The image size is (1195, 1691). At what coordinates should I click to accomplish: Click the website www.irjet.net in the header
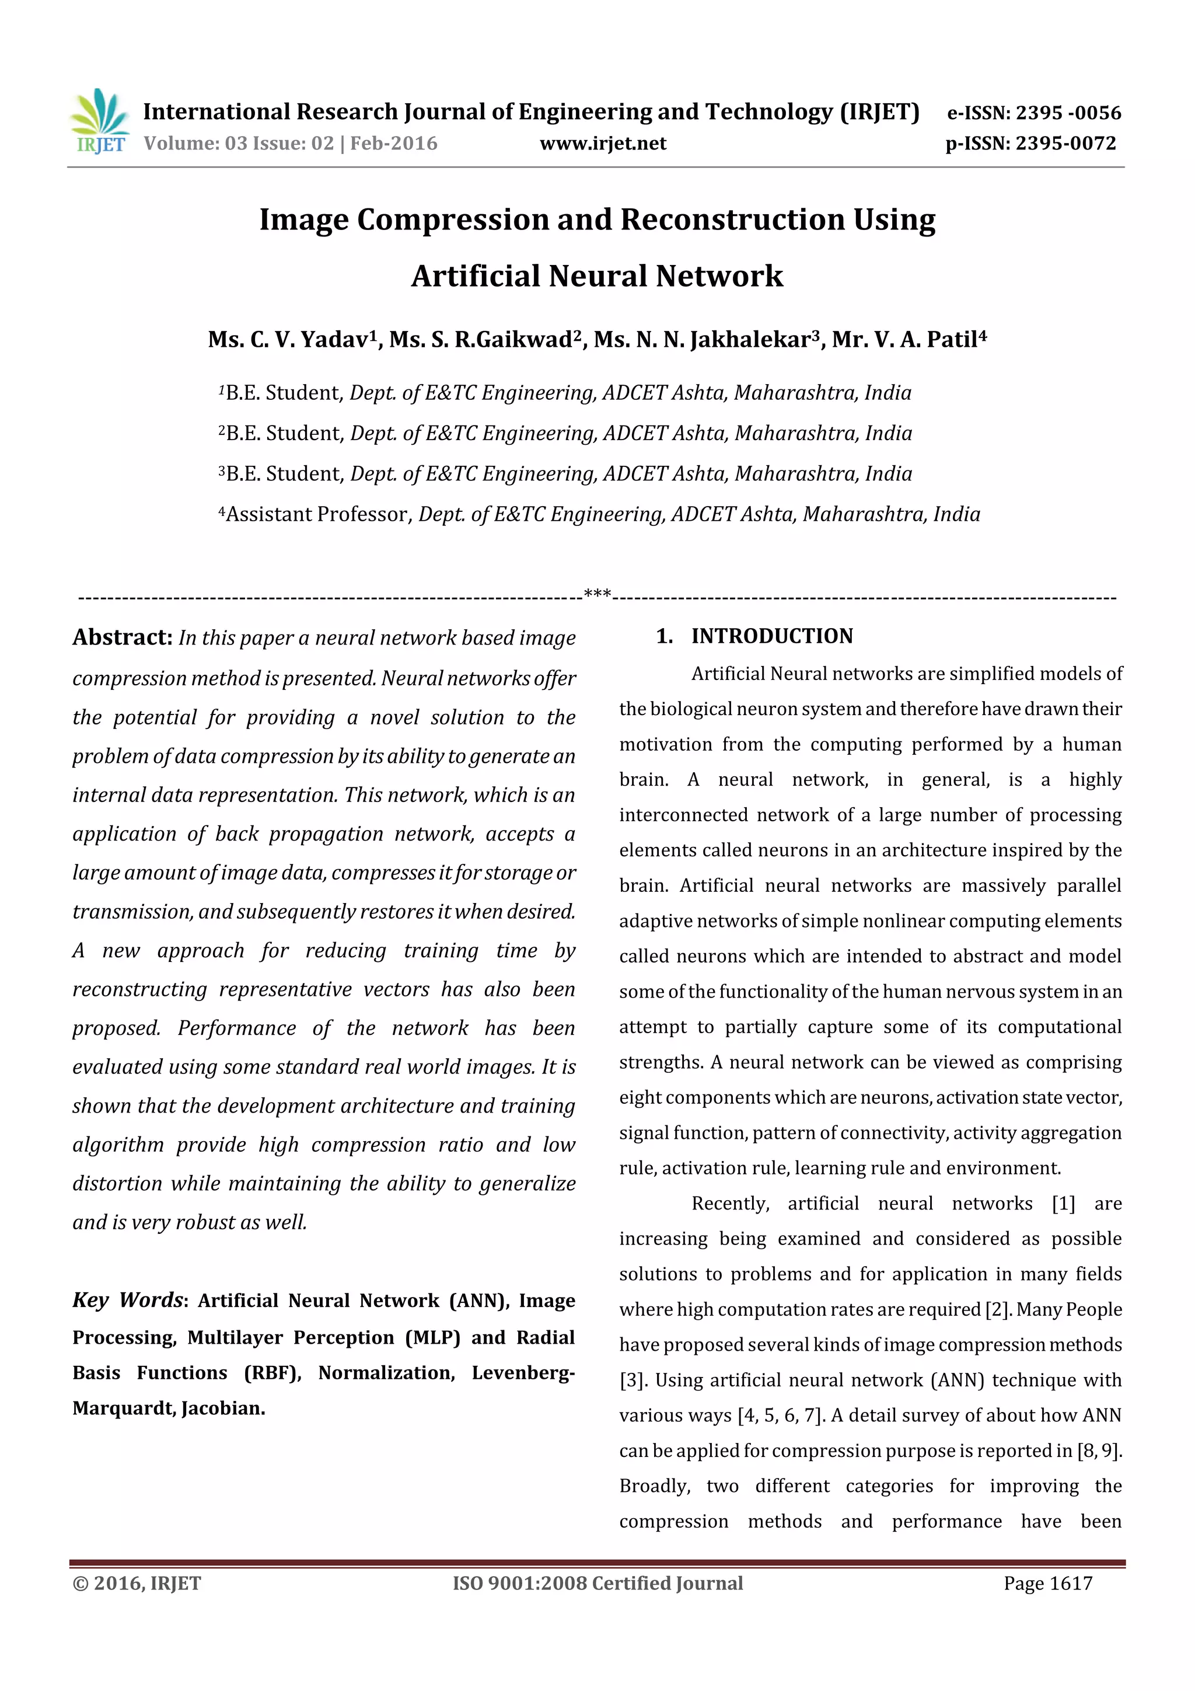(602, 144)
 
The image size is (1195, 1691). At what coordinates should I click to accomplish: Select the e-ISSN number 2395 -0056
(1068, 113)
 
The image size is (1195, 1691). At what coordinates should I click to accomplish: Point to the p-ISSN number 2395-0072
(1065, 144)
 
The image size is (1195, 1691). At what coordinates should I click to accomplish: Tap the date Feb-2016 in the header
(393, 144)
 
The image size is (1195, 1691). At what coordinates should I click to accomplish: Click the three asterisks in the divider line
(596, 594)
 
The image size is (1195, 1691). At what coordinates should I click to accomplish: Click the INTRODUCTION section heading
(771, 636)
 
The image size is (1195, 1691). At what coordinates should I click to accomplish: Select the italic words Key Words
(127, 1300)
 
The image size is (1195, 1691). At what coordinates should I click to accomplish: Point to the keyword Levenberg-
(523, 1373)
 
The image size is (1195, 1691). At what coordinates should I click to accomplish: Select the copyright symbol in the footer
(79, 1584)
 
